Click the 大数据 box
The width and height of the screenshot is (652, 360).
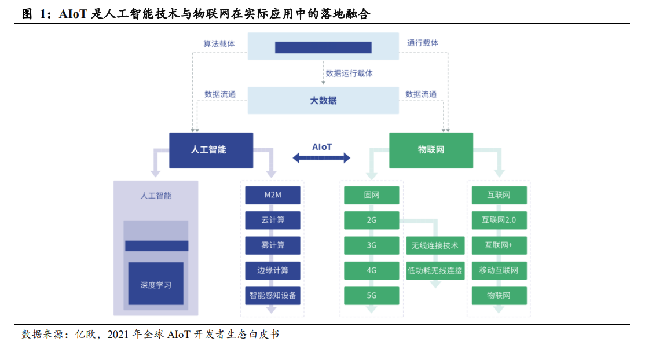pyautogui.click(x=323, y=100)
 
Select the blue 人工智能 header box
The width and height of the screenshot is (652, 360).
pyautogui.click(x=211, y=150)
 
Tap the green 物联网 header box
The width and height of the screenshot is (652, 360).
pyautogui.click(x=431, y=150)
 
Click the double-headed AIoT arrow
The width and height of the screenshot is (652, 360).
pyautogui.click(x=321, y=157)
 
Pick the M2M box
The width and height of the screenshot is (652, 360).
pyautogui.click(x=273, y=195)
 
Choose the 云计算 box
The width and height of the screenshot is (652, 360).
pyautogui.click(x=273, y=220)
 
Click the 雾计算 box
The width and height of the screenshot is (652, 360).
pyautogui.click(x=273, y=245)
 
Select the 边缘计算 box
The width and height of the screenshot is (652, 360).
pyautogui.click(x=273, y=270)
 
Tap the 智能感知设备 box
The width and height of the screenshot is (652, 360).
pyautogui.click(x=273, y=296)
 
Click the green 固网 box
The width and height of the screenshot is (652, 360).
pyautogui.click(x=371, y=195)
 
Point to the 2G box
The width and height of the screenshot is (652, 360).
pyautogui.click(x=371, y=220)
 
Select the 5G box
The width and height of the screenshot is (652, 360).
pyautogui.click(x=371, y=296)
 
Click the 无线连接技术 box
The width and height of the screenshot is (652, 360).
pyautogui.click(x=435, y=245)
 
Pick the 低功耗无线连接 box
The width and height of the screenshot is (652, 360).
pyautogui.click(x=435, y=270)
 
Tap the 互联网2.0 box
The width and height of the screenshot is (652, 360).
pyautogui.click(x=499, y=220)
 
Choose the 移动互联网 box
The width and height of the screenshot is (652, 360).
pyautogui.click(x=499, y=270)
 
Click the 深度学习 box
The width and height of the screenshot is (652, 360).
pyautogui.click(x=156, y=284)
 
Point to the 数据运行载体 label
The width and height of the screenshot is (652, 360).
pyautogui.click(x=349, y=74)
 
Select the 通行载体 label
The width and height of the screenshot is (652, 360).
pyautogui.click(x=422, y=43)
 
